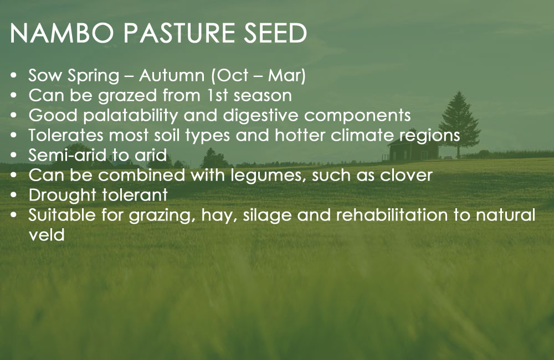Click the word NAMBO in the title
61,33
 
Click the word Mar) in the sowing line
286,76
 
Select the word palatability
130,116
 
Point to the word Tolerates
66,135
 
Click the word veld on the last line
47,235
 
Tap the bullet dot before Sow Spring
13,76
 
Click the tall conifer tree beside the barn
459,124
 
